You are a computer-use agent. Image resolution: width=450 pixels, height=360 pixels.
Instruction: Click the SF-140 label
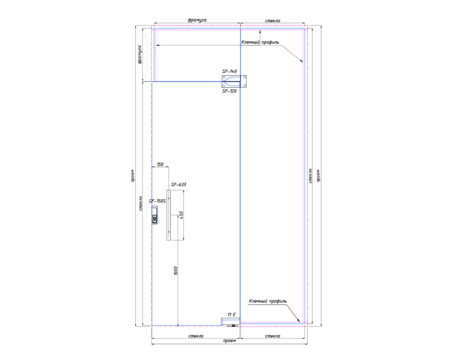pos(229,71)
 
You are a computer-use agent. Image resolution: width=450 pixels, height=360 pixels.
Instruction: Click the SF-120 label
pos(229,91)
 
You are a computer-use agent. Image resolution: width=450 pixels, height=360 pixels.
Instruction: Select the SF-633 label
pos(178,184)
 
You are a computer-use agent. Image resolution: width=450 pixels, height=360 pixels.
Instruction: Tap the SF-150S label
pos(157,201)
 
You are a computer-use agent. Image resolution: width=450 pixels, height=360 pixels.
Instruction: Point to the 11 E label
pos(232,315)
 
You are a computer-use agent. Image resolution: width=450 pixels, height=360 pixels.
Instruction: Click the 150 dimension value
pos(160,164)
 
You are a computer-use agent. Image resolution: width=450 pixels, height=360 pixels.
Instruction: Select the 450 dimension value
pos(181,215)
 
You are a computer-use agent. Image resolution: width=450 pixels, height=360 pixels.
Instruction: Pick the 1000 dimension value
pos(176,271)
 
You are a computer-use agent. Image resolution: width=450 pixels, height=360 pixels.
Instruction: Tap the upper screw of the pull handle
pos(169,198)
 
